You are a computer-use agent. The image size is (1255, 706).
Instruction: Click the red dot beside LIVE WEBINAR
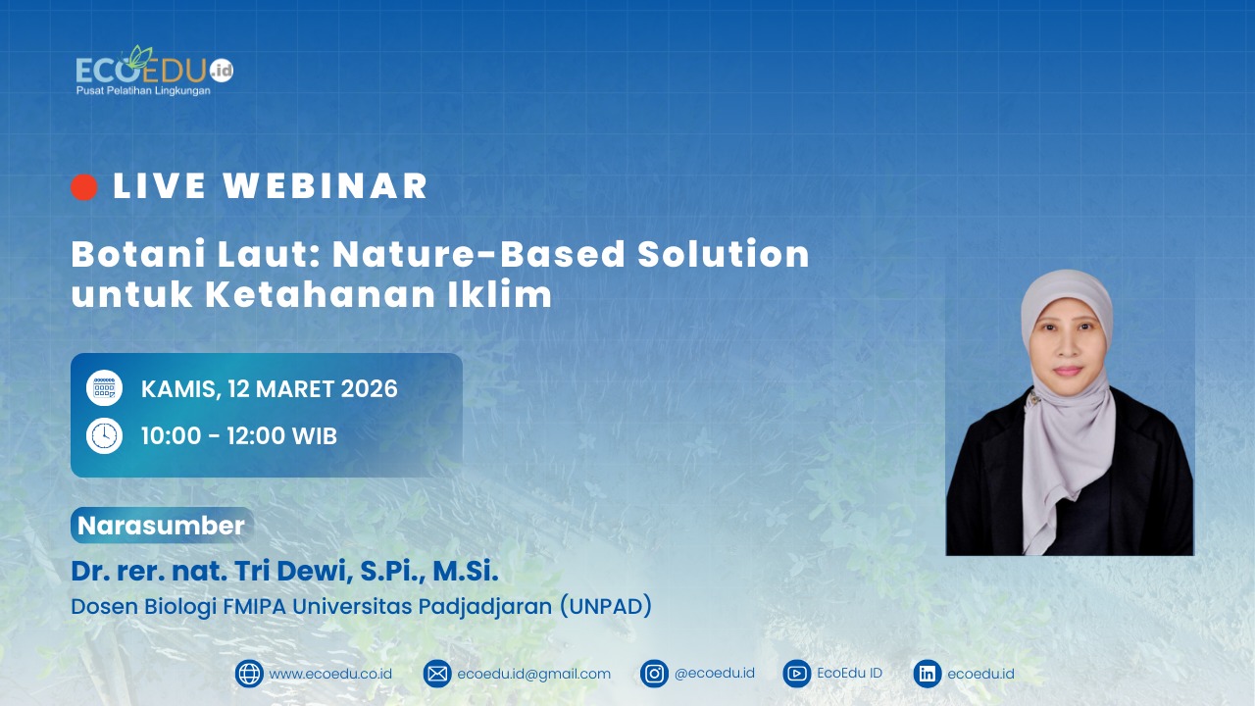click(x=84, y=186)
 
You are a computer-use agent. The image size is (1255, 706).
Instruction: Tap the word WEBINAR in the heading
click(x=326, y=186)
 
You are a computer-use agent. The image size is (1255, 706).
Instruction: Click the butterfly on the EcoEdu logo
click(x=138, y=57)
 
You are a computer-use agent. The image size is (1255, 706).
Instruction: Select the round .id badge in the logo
click(x=222, y=71)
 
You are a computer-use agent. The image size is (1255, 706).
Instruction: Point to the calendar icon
click(x=104, y=387)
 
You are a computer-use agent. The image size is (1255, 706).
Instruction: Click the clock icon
click(x=104, y=435)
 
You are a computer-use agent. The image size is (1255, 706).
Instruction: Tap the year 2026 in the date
click(x=370, y=389)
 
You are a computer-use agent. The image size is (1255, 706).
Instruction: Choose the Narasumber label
click(x=162, y=526)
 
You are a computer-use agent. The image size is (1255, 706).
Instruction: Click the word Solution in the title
click(x=724, y=254)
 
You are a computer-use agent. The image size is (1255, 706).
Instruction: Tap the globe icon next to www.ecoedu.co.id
click(x=249, y=674)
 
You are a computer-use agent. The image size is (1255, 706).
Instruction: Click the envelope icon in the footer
click(x=437, y=674)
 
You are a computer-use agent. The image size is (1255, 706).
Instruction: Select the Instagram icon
click(x=654, y=674)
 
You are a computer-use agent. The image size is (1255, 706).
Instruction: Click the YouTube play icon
click(x=797, y=674)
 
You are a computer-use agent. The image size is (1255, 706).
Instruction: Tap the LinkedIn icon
click(x=928, y=674)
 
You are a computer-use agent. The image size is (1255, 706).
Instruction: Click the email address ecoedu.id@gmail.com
click(x=534, y=674)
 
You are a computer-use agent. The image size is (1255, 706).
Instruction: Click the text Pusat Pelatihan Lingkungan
click(x=143, y=91)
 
